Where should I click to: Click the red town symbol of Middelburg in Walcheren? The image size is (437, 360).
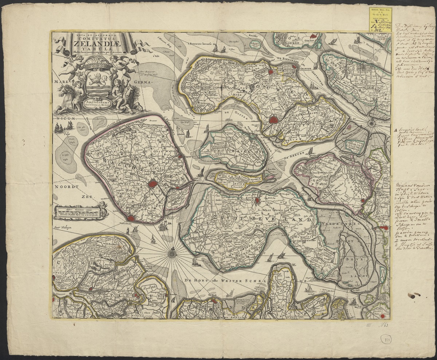pyautogui.click(x=153, y=184)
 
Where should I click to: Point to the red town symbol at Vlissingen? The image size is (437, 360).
pyautogui.click(x=131, y=219)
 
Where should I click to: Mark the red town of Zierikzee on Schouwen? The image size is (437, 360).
pyautogui.click(x=273, y=120)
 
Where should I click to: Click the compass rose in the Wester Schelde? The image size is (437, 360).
pyautogui.click(x=172, y=251)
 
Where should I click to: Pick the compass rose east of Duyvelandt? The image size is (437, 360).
pyautogui.click(x=371, y=123)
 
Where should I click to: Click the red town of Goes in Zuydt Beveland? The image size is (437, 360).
pyautogui.click(x=257, y=200)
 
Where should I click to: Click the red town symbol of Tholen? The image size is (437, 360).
pyautogui.click(x=363, y=200)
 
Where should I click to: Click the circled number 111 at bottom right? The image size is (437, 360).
pyautogui.click(x=386, y=339)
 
